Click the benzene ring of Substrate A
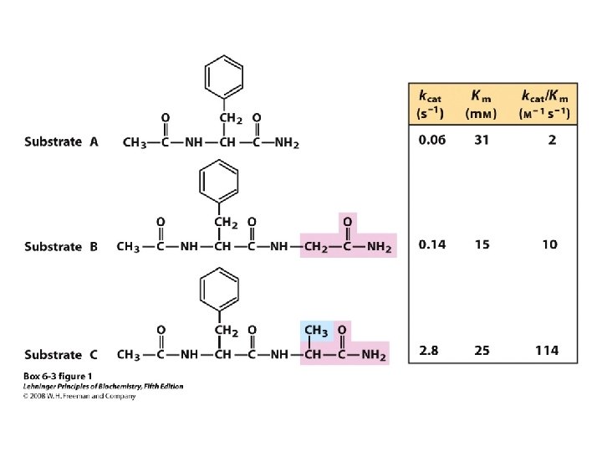click(224, 76)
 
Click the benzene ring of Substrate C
click(218, 290)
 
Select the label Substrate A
click(61, 142)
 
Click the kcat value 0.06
click(432, 141)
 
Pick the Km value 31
click(482, 141)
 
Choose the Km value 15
click(482, 244)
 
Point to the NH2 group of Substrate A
click(286, 143)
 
